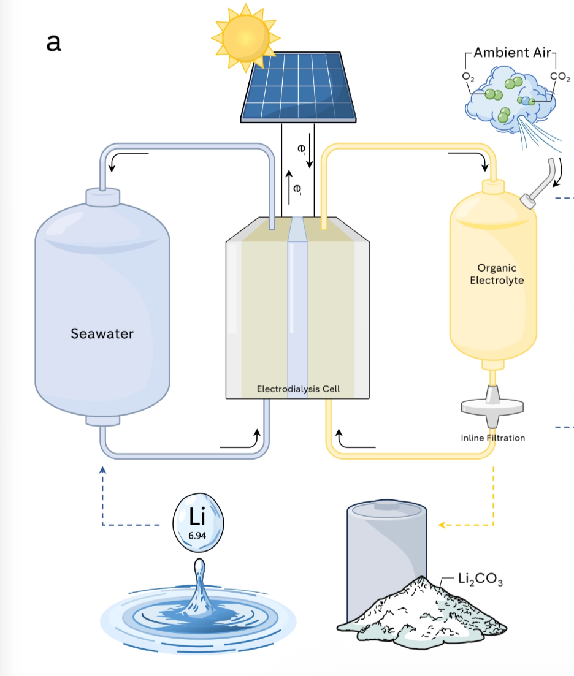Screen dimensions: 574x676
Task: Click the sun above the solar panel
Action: point(245,37)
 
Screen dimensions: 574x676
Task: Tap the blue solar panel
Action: point(299,88)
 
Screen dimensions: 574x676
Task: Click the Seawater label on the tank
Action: point(102,333)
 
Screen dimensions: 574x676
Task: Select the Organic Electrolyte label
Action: point(497,274)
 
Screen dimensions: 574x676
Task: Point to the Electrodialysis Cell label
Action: point(298,389)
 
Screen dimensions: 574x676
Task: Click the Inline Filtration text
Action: point(493,438)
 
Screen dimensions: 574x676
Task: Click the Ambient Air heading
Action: point(512,53)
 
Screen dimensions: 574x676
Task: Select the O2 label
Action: point(468,77)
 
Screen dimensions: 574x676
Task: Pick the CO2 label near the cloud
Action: point(560,77)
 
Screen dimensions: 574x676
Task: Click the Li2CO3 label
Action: point(480,579)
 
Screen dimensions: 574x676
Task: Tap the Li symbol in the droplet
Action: point(197,516)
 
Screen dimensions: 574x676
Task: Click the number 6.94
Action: point(197,536)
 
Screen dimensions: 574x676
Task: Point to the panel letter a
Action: point(53,43)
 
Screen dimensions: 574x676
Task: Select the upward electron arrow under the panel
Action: point(289,188)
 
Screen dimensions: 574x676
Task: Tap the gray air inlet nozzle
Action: point(538,184)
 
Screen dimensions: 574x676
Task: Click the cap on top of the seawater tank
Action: point(102,197)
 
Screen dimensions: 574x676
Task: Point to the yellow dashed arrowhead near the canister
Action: point(442,525)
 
